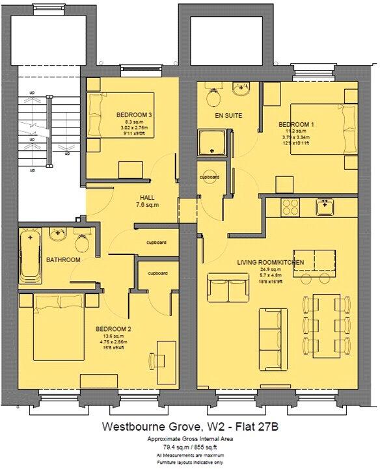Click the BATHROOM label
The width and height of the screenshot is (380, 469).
[x=63, y=260]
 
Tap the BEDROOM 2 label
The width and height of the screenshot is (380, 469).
[x=114, y=328]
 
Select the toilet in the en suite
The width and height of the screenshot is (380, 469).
[x=213, y=98]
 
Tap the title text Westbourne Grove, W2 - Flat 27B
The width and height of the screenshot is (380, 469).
[x=189, y=427]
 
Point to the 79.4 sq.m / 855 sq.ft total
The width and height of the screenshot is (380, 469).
[x=189, y=448]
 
